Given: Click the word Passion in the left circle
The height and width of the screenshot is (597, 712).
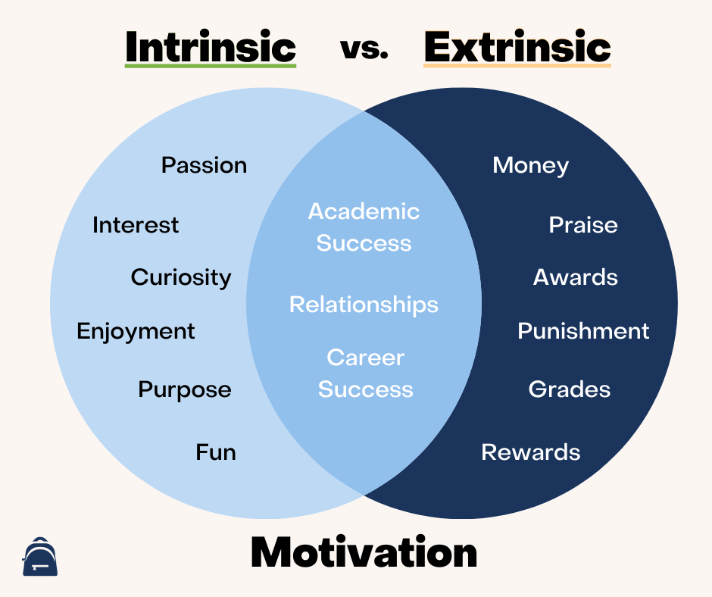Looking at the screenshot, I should [x=204, y=165].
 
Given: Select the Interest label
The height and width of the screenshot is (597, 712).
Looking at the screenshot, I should [x=136, y=225].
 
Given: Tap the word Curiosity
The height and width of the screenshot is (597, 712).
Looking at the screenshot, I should [x=181, y=277].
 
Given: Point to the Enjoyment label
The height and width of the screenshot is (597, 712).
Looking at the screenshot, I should [x=136, y=331].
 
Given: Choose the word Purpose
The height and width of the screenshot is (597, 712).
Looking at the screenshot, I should [x=184, y=389].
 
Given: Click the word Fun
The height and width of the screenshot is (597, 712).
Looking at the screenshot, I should [x=216, y=452].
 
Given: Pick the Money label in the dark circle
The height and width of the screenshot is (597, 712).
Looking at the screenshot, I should [x=530, y=165].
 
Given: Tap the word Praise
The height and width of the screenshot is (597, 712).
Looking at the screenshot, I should [x=582, y=225].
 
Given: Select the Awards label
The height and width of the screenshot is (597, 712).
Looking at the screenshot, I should [x=575, y=277].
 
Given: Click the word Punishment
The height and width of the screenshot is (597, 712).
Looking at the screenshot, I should [x=583, y=331].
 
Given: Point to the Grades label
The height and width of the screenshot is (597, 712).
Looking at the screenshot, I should [x=569, y=389].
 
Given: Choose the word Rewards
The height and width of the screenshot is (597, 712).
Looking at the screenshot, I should [x=530, y=452].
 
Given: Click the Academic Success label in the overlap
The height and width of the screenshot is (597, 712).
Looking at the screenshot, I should [x=364, y=227].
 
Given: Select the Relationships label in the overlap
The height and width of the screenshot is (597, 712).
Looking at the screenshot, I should [x=364, y=305].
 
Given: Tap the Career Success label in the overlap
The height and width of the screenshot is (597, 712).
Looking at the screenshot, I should [x=365, y=373].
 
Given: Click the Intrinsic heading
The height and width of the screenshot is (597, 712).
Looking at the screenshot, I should [x=210, y=47].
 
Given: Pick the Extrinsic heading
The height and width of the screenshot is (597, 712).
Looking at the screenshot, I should [x=517, y=47].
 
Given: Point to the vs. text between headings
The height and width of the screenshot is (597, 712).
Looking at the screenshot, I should [x=364, y=48].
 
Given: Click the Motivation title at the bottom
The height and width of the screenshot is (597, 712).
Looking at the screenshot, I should [x=364, y=552].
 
